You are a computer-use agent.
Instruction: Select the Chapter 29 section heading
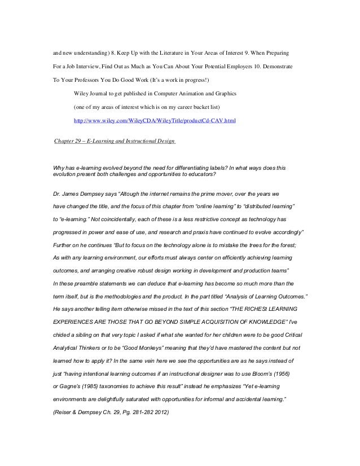click(114, 140)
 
